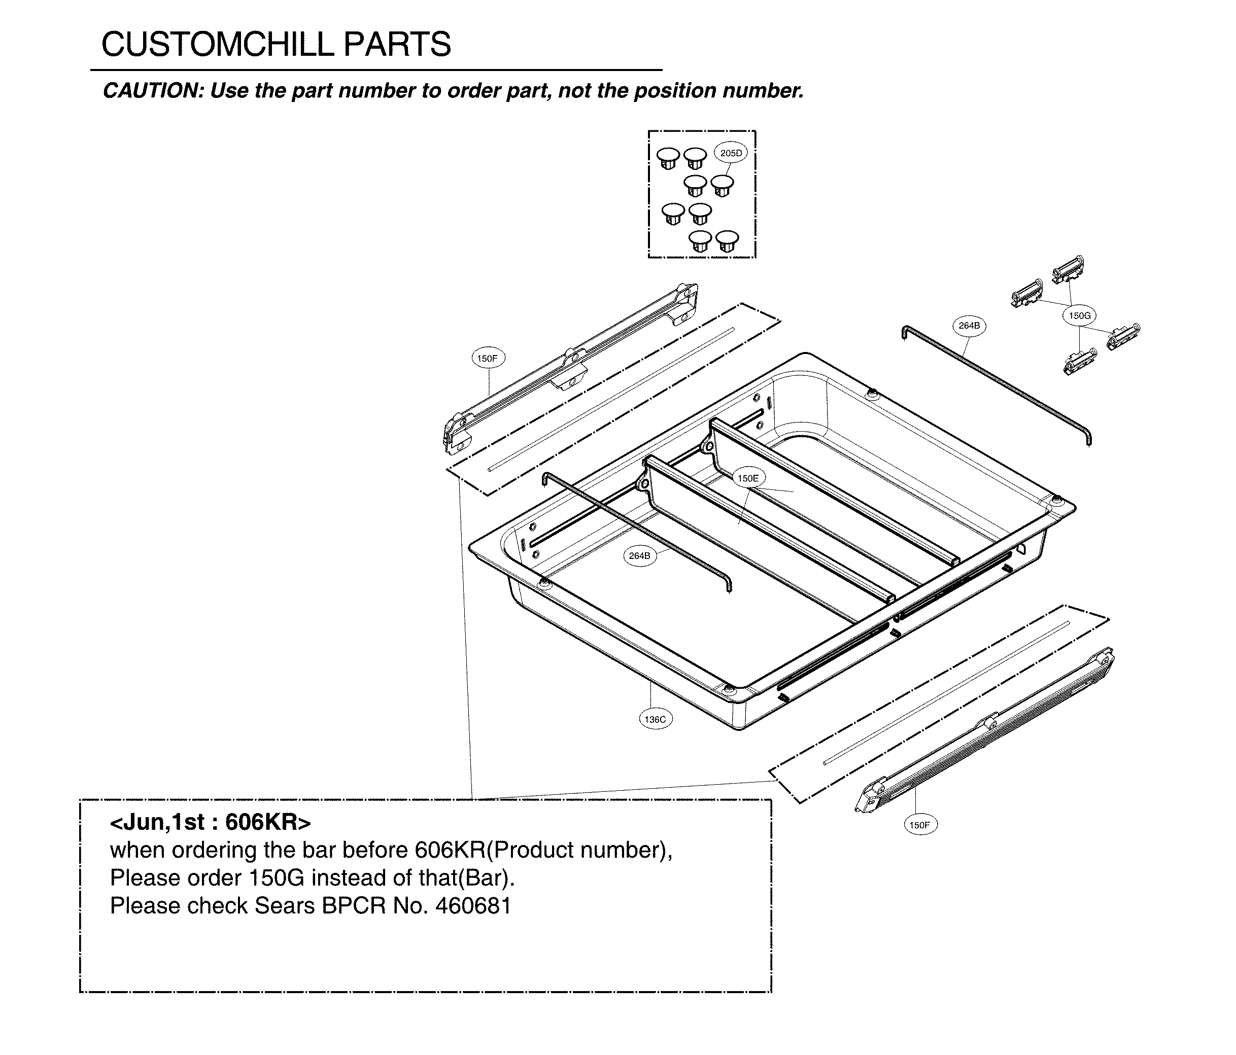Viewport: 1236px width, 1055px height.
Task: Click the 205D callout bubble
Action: tap(731, 153)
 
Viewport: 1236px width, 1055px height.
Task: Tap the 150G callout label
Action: tap(1079, 315)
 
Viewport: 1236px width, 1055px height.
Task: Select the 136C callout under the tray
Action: tap(655, 719)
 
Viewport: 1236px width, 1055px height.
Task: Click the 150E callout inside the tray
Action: tap(748, 478)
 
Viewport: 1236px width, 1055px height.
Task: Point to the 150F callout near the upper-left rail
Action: tap(488, 359)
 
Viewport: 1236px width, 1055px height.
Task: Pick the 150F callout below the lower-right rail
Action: tap(919, 825)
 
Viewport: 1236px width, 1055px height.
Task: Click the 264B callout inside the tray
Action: tap(639, 556)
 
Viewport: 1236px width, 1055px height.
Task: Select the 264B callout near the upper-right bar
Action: tap(969, 326)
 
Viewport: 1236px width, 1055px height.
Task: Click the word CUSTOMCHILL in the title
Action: tap(211, 45)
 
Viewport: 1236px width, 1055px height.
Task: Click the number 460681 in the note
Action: tap(473, 906)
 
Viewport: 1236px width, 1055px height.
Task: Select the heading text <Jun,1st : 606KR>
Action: tap(210, 822)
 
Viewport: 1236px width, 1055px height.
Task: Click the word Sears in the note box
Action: tap(285, 906)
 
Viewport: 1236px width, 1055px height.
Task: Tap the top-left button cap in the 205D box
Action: tap(668, 158)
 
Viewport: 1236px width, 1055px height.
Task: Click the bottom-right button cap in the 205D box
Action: tap(727, 241)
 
